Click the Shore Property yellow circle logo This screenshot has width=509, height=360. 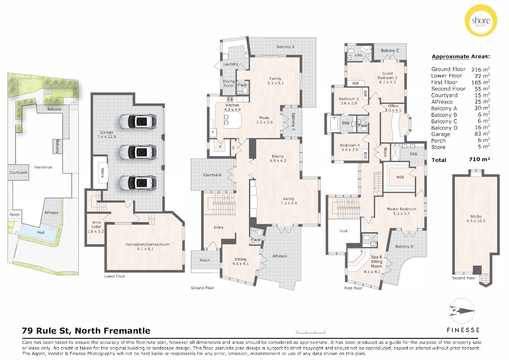pos(481,20)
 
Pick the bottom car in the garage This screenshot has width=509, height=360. pos(139,183)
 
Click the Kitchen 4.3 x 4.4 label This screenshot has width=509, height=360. pos(232,107)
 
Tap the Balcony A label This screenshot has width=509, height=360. pos(285,47)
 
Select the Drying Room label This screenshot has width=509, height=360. pos(229,83)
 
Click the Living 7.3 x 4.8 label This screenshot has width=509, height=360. pos(288,201)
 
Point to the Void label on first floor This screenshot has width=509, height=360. pos(343,231)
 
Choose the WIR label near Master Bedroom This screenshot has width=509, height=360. pos(400,177)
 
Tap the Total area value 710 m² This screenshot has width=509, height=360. pos(479,160)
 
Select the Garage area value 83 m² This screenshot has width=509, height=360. pos(482,134)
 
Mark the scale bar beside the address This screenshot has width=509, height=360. pos(310,332)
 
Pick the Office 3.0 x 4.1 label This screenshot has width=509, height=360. pos(393,108)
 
